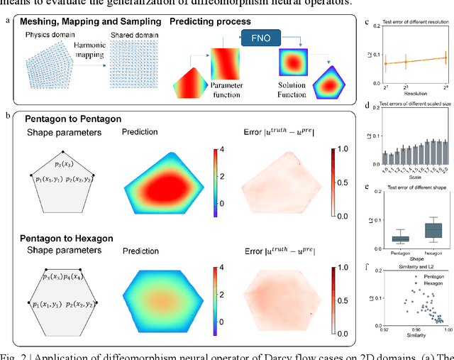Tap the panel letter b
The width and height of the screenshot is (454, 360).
pos(7,114)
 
